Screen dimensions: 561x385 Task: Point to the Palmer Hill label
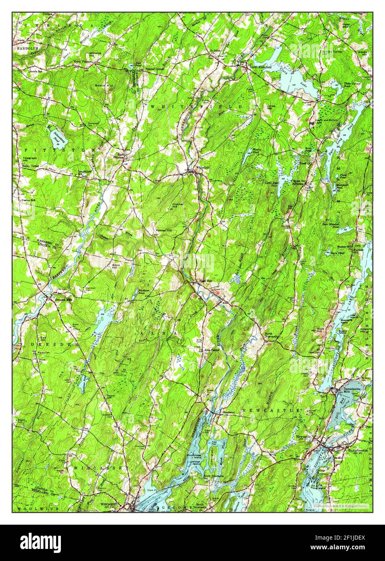click(164, 230)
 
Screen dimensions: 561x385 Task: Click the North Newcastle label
click(271, 335)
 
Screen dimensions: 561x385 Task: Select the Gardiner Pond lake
click(84, 378)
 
